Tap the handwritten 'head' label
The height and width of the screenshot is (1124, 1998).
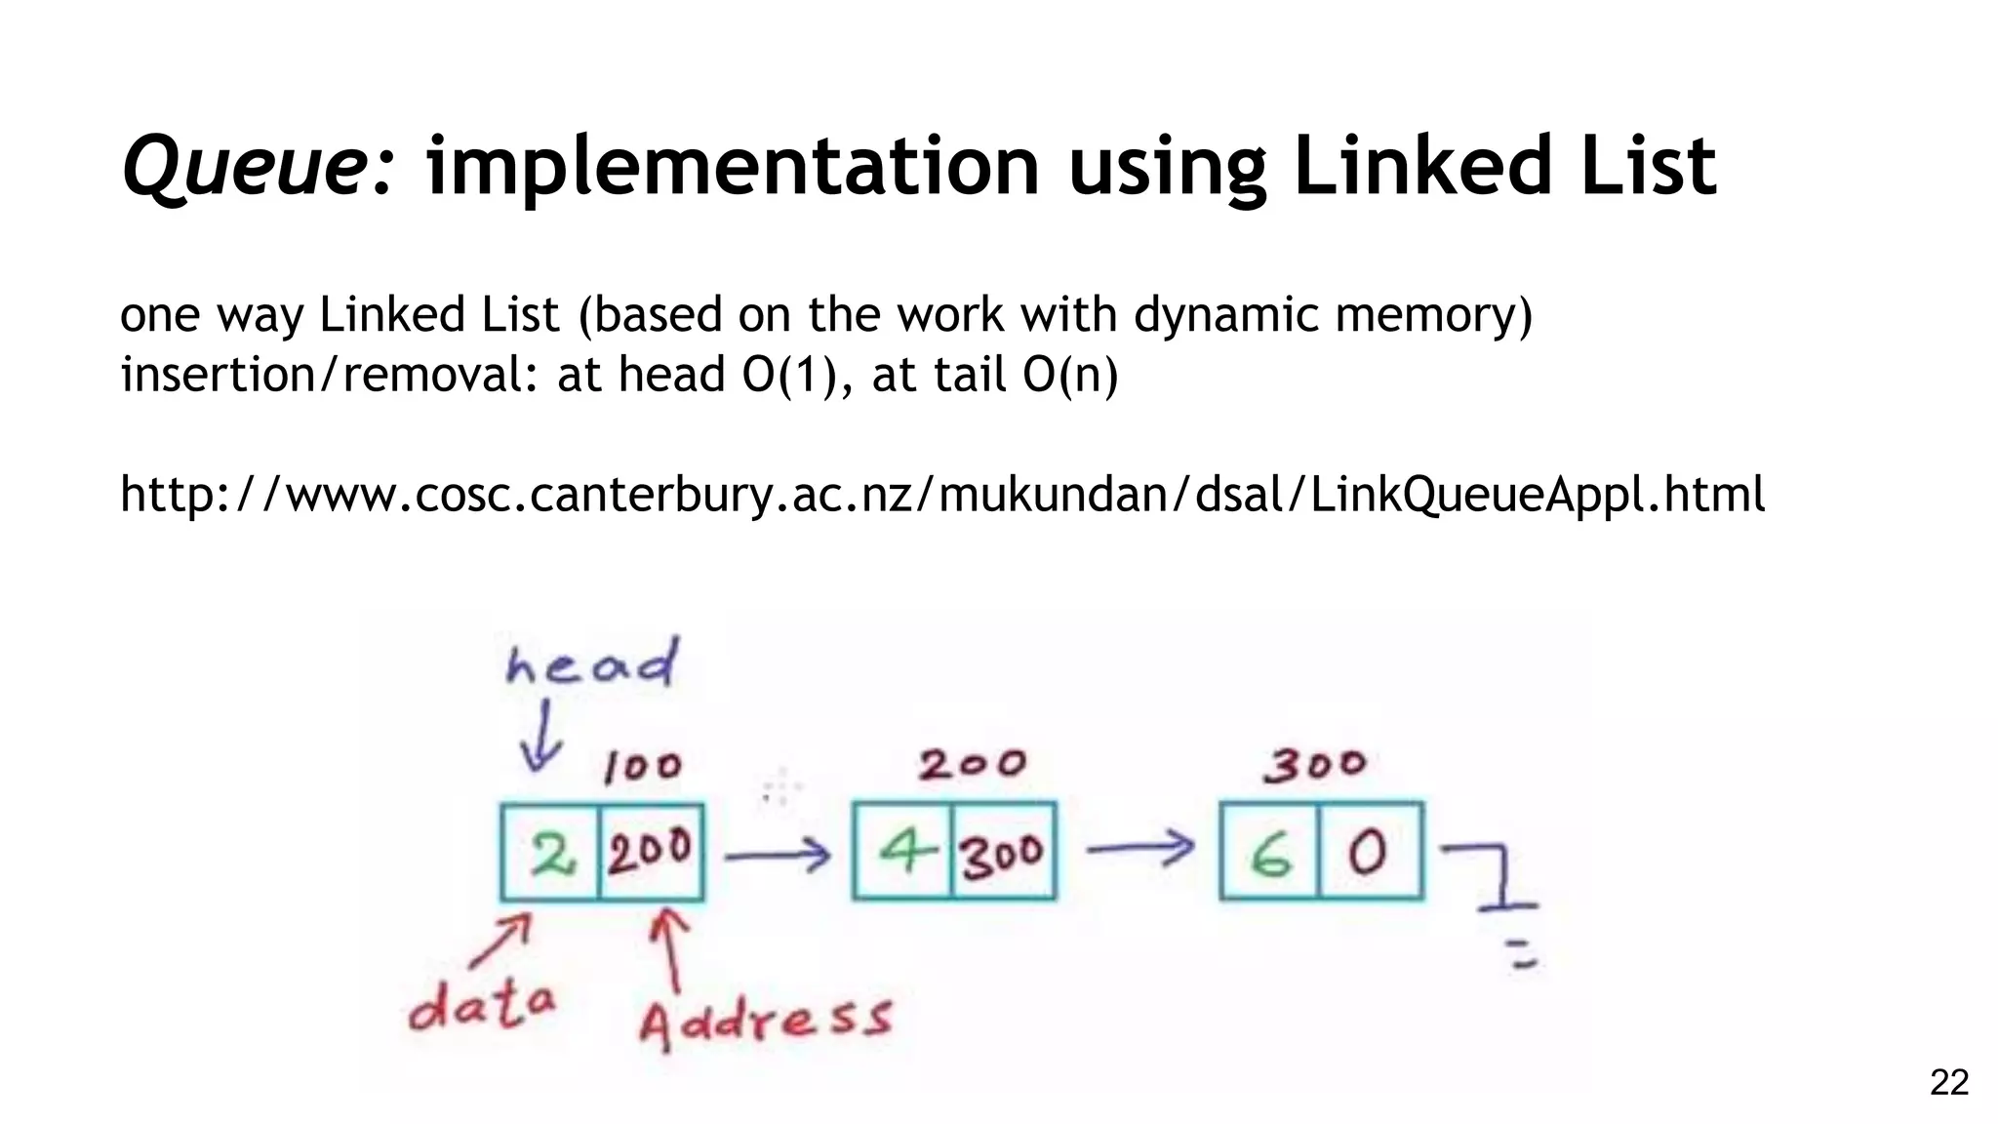591,664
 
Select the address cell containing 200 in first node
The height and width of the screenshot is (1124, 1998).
651,852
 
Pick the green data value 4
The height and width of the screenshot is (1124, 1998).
904,852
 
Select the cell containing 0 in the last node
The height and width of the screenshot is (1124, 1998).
1368,852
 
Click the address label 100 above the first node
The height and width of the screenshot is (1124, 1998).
642,767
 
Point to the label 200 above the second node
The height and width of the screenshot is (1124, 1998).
972,764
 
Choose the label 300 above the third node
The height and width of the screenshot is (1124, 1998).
1315,765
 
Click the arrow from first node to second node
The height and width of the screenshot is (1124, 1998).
778,856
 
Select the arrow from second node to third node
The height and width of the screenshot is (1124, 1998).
1139,848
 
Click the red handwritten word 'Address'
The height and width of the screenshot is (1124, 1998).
766,1020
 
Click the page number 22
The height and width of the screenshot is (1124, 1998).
1949,1082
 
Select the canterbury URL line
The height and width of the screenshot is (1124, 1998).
942,494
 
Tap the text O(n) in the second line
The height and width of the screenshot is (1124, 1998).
1070,375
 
